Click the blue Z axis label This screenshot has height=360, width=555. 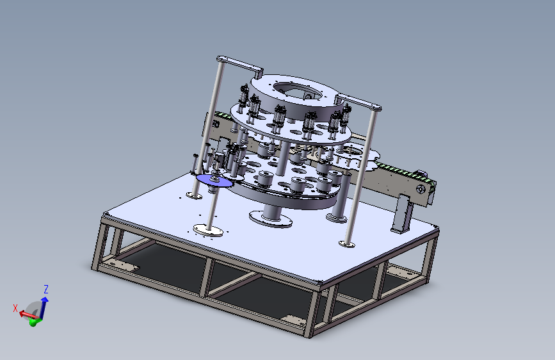(x=46, y=289)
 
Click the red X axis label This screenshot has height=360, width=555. (x=15, y=308)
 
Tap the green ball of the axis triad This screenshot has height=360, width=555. (x=33, y=322)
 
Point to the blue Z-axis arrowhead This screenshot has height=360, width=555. (x=45, y=300)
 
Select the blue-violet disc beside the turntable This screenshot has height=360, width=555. (x=215, y=181)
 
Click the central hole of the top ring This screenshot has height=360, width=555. (x=297, y=91)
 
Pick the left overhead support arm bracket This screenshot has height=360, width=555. (x=240, y=65)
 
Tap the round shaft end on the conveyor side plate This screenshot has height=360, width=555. (x=421, y=190)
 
